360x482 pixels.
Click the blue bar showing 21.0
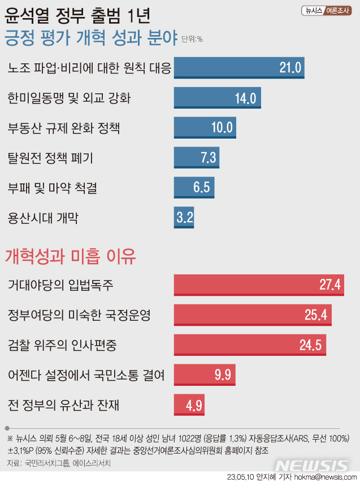[x=239, y=68]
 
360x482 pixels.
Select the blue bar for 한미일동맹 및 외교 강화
[x=216, y=98]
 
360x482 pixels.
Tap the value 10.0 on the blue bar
[x=222, y=127]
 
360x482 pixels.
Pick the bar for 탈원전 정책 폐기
[x=196, y=157]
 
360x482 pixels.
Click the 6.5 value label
[x=201, y=187]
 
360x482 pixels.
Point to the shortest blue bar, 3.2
[x=184, y=217]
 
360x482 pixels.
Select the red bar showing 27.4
[x=259, y=285]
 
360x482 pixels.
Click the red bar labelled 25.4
[x=253, y=315]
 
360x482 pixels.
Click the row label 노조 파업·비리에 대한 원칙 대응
[x=89, y=68]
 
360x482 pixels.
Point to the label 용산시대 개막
[x=43, y=218]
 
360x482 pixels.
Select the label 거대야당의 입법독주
[x=61, y=285]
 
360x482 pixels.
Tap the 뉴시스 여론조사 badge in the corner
[x=326, y=10]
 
